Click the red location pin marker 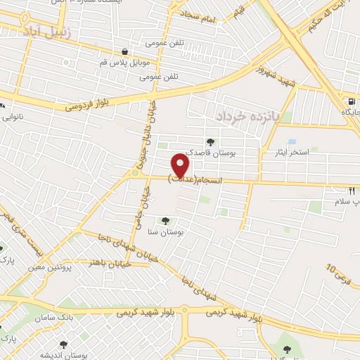[181, 165]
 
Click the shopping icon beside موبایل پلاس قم [124, 51]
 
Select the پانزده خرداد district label [247, 115]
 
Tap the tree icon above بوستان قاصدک [210, 142]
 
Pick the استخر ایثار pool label [283, 152]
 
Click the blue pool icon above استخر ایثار [291, 142]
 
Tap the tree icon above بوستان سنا [166, 221]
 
